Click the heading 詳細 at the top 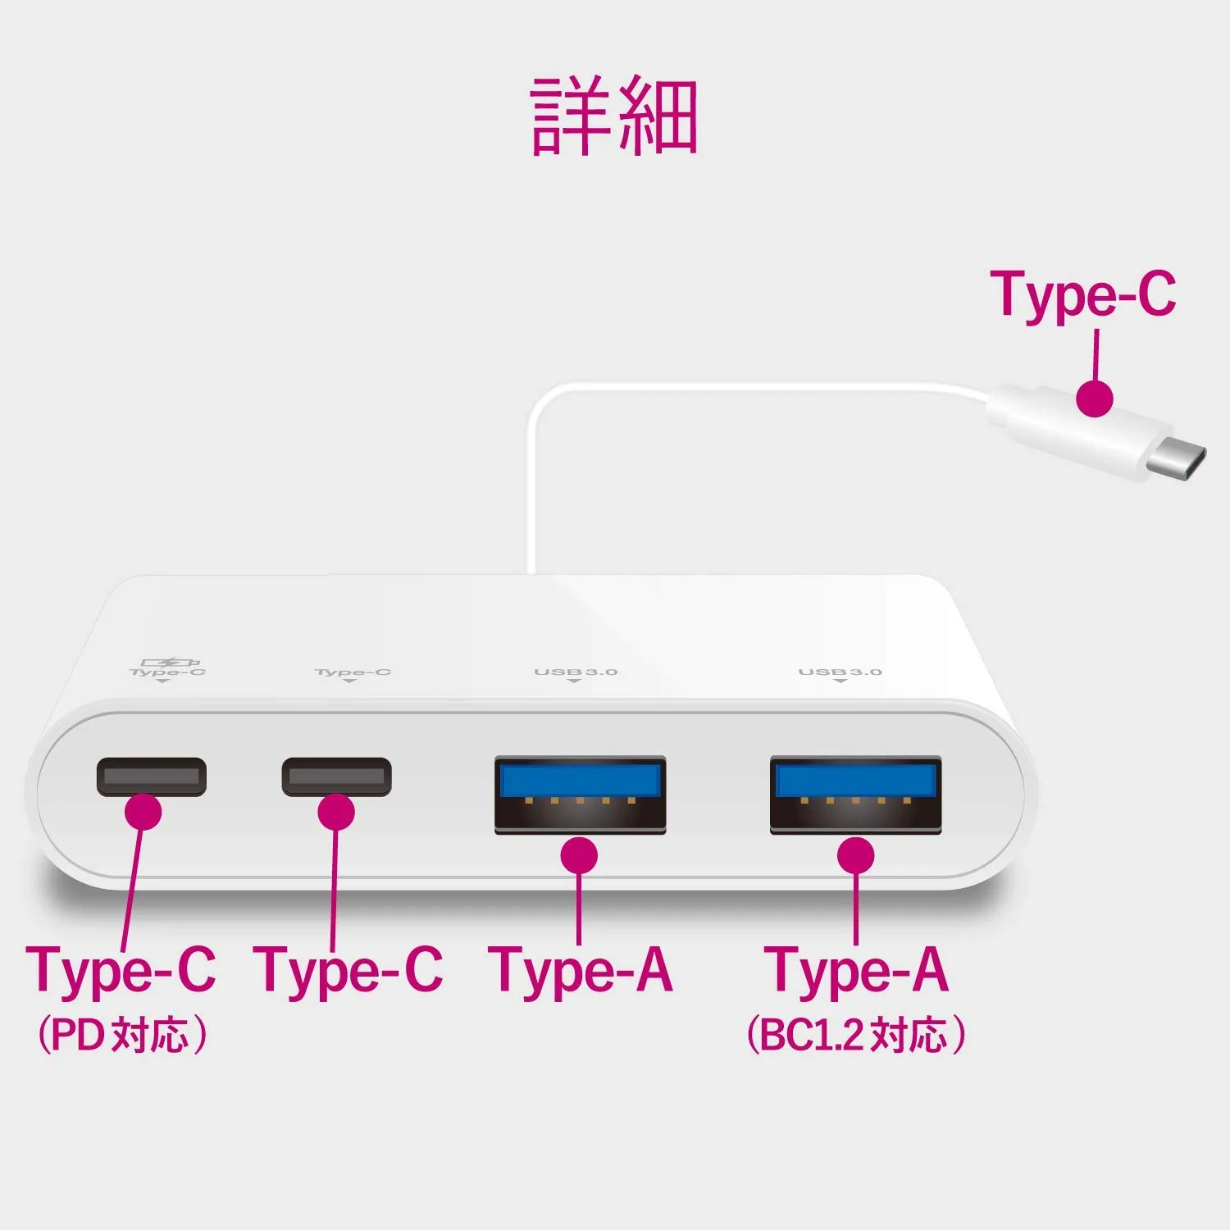click(x=614, y=116)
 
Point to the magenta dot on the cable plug click(x=1095, y=399)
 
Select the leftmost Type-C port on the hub click(x=152, y=777)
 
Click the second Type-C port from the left click(x=337, y=777)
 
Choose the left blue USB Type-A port click(x=580, y=795)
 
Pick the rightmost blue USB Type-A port click(x=855, y=795)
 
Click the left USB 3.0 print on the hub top click(x=576, y=672)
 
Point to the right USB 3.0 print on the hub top click(x=840, y=672)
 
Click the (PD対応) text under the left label click(x=122, y=1035)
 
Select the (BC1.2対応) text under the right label click(x=856, y=1035)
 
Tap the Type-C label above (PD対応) click(x=121, y=972)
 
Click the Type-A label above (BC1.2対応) click(x=857, y=972)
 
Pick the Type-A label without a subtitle click(x=581, y=972)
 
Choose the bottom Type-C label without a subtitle click(x=348, y=972)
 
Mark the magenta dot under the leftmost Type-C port click(x=143, y=811)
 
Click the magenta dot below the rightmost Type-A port click(x=856, y=855)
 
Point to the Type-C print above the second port click(x=353, y=672)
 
